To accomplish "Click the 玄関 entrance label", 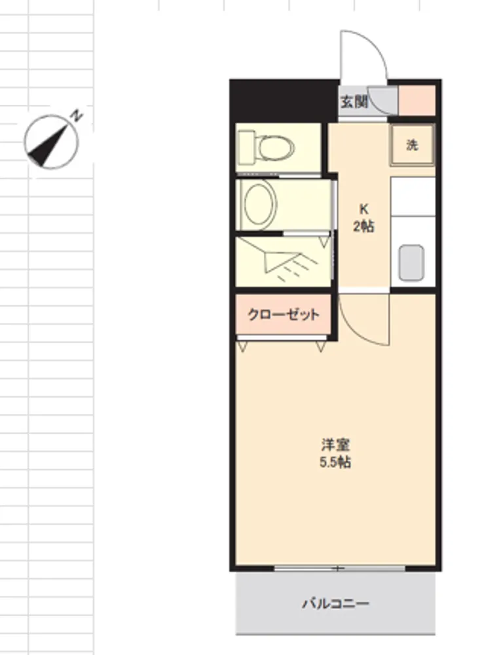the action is pos(354,102).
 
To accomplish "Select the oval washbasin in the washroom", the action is pos(260,204).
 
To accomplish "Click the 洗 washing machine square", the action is pos(413,145).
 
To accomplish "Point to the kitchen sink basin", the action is pos(411,263).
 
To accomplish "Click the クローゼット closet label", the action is pos(284,314).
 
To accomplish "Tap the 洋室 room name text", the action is pos(335,445).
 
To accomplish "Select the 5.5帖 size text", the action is pos(335,462).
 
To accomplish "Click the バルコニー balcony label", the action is pos(336,604).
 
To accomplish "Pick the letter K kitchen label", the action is pos(364,208).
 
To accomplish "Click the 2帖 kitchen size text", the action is pos(364,226).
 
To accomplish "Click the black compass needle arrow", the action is pos(48,144).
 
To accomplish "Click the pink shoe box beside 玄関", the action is pos(417,100).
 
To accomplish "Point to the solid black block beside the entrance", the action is pos(284,101).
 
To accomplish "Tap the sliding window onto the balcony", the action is pos(340,569).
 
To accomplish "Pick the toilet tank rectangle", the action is pos(246,147).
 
